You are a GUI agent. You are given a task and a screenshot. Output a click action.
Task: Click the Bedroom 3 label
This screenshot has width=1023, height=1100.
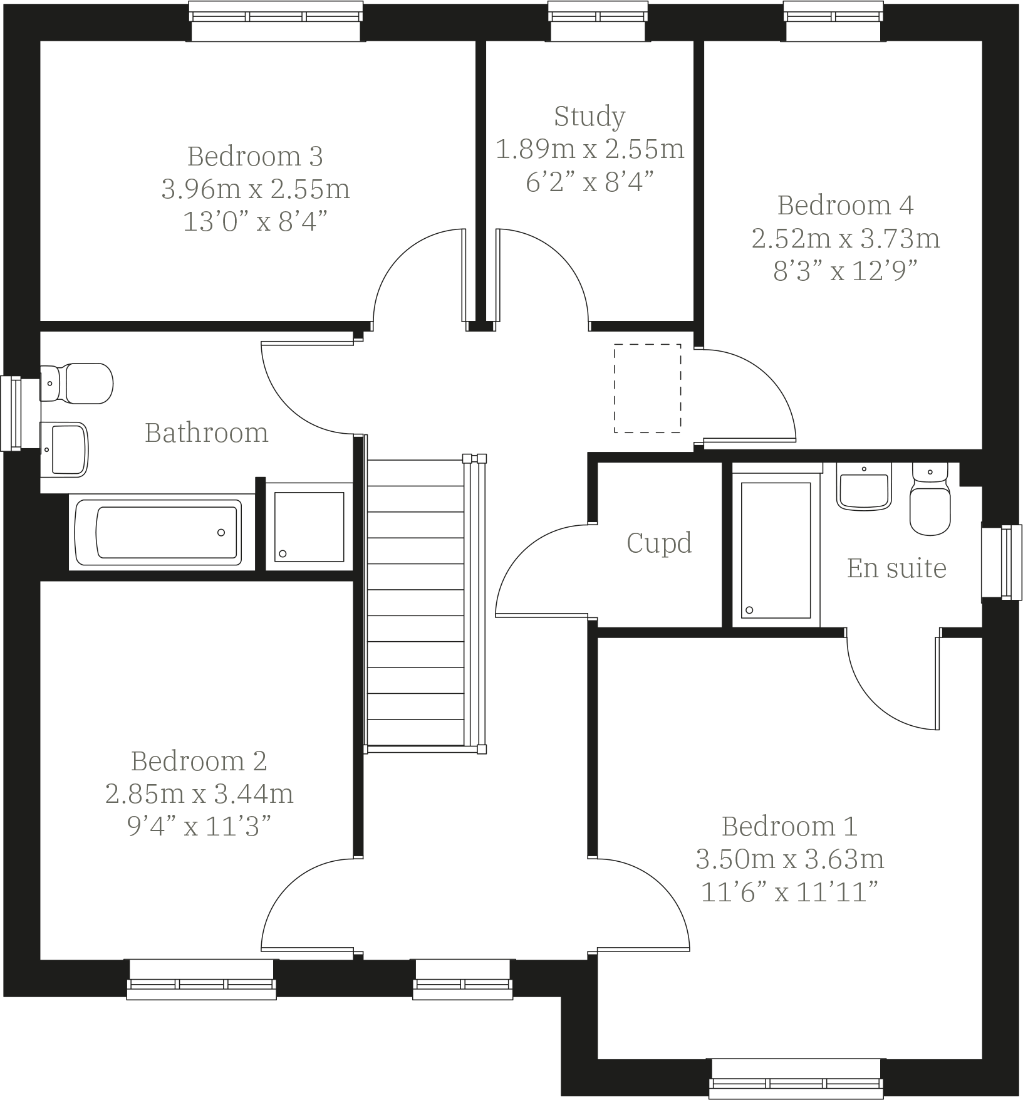click(255, 156)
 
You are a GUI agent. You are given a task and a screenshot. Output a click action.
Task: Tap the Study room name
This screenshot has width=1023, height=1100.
click(589, 117)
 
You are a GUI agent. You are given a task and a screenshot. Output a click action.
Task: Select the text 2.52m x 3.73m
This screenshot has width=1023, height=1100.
click(845, 239)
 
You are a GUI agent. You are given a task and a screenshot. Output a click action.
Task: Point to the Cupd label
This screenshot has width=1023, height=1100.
click(659, 543)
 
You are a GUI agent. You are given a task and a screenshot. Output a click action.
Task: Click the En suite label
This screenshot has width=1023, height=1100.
click(896, 568)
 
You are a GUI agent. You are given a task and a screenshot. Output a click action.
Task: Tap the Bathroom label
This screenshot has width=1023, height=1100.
click(206, 433)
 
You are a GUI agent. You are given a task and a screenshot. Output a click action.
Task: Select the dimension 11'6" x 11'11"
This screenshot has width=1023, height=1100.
click(789, 892)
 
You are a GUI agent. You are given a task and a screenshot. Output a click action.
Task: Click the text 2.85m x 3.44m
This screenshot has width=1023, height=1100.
click(199, 794)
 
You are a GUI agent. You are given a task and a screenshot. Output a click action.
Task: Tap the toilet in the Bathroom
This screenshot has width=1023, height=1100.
click(78, 383)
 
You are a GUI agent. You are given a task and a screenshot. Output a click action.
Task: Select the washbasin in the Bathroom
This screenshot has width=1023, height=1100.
click(65, 449)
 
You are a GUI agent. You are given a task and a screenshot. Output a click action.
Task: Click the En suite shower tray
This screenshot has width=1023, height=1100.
click(776, 550)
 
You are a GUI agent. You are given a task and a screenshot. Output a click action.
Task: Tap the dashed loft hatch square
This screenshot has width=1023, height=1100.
click(647, 388)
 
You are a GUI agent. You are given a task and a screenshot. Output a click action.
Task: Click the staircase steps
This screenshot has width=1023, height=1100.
click(415, 602)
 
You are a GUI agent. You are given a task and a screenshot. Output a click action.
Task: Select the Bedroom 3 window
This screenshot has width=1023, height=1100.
click(276, 21)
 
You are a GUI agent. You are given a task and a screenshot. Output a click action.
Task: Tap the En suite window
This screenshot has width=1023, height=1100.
click(1000, 562)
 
